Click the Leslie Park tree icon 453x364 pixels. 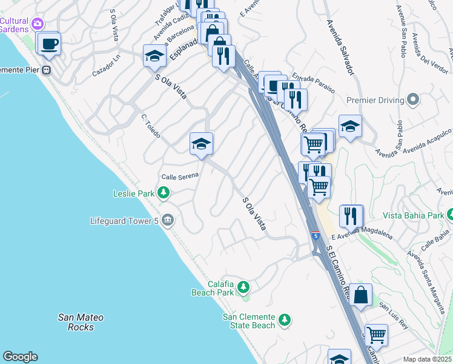click(163, 194)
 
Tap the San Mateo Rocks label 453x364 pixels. click(81, 322)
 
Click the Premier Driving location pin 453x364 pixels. click(413, 99)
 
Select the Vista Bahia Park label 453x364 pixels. click(414, 215)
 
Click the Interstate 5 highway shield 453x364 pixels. click(316, 234)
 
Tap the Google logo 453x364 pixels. click(20, 357)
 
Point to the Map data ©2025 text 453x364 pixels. click(428, 359)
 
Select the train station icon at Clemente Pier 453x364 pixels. click(45, 69)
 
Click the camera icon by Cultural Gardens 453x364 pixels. click(38, 24)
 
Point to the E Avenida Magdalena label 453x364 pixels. click(362, 233)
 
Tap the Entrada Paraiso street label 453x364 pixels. click(313, 83)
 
